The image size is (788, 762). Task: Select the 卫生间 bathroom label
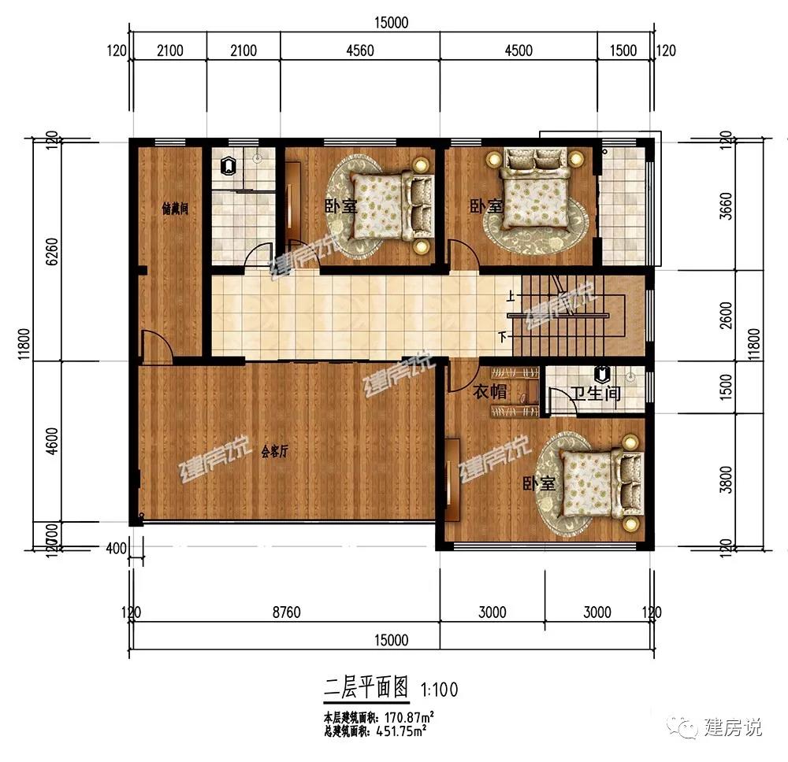596,393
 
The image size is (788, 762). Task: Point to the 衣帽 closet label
489,392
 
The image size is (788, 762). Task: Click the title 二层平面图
367,688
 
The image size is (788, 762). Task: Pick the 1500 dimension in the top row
623,51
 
